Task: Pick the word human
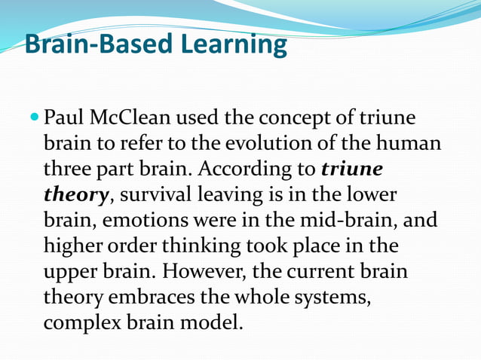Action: click(x=409, y=144)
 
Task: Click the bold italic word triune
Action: click(x=352, y=169)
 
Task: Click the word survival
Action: click(x=155, y=195)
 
